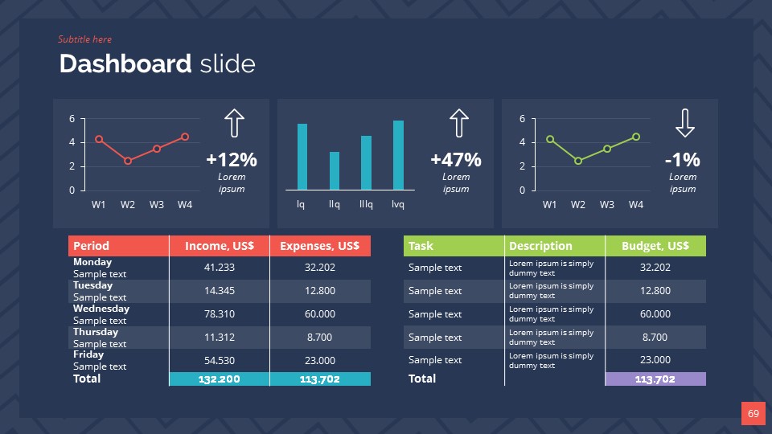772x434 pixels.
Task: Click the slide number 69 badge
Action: (x=753, y=414)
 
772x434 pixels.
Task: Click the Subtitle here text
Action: (x=84, y=39)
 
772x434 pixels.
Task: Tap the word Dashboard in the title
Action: (x=125, y=64)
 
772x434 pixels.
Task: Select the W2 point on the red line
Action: (x=128, y=161)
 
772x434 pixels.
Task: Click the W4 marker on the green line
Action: (x=636, y=137)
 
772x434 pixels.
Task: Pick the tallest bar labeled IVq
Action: (x=398, y=155)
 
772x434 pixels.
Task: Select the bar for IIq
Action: (x=335, y=170)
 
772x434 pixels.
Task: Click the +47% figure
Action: (x=456, y=159)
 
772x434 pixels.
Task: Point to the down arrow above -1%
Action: (x=684, y=123)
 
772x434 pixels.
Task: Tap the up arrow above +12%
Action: (x=233, y=123)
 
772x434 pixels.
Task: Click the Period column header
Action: (x=91, y=246)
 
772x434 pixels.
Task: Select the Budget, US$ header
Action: (x=655, y=246)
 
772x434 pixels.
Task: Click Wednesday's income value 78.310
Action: (x=220, y=314)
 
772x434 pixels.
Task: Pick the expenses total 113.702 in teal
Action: (x=320, y=379)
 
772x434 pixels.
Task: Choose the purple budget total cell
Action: (x=655, y=379)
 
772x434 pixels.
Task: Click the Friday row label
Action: (x=88, y=354)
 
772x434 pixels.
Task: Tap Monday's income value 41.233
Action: (x=220, y=268)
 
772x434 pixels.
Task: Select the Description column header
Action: (x=540, y=246)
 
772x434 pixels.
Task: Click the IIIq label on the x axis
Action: (x=366, y=204)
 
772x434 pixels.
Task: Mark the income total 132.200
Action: (x=220, y=379)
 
